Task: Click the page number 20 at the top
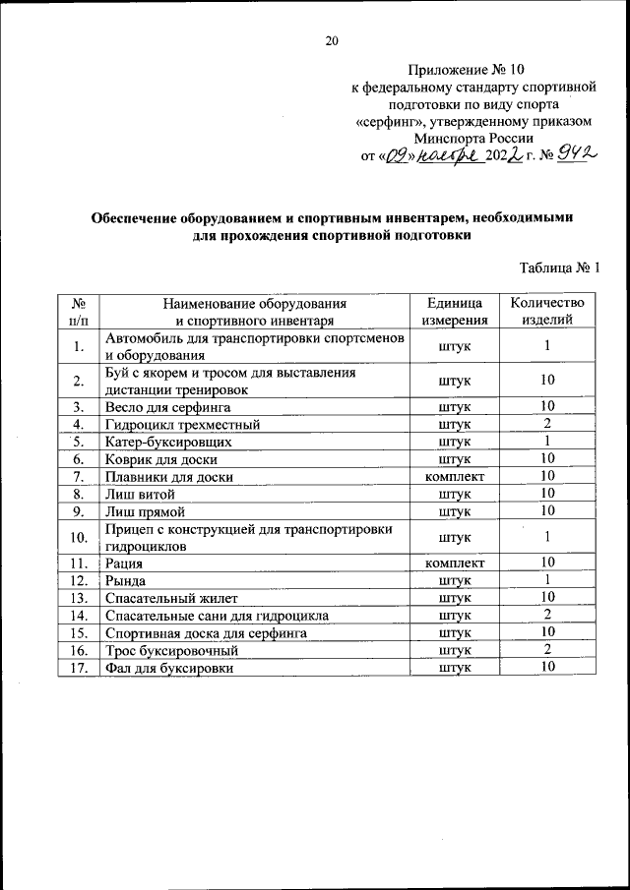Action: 331,41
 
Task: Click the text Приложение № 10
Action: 468,70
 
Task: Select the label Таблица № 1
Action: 558,267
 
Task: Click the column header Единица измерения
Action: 455,311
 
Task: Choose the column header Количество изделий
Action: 547,311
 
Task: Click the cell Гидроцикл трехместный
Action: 182,424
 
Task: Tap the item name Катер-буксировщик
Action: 168,442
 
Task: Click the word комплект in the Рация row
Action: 455,563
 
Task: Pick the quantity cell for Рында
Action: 547,579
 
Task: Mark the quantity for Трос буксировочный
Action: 547,650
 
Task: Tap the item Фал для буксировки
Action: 170,668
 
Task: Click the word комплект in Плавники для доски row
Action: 455,476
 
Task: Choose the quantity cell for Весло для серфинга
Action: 547,406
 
